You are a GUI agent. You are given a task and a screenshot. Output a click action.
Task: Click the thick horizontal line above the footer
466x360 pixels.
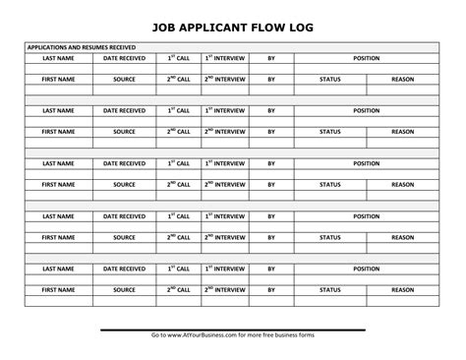(x=232, y=330)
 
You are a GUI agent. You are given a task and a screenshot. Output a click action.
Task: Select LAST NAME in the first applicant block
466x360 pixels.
(x=58, y=58)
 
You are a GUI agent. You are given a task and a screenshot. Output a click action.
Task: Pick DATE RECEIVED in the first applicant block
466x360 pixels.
(x=124, y=58)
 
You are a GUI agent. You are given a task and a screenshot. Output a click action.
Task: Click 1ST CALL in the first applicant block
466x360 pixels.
(x=178, y=58)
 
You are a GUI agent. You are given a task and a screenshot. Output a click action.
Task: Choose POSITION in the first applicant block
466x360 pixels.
(x=367, y=58)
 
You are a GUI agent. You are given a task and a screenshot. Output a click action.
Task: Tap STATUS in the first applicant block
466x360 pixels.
(x=330, y=79)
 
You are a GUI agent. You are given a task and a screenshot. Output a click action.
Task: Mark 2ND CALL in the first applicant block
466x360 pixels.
(x=178, y=79)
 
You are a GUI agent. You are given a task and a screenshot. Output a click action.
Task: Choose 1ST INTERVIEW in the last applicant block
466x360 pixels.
(x=226, y=268)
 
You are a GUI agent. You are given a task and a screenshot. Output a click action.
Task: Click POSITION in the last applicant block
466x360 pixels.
(x=367, y=268)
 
